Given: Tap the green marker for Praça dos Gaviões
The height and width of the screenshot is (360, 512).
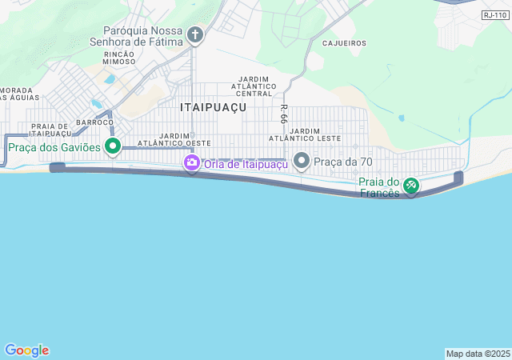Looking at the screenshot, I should (113, 146).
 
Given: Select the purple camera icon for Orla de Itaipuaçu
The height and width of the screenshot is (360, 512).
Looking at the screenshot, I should (192, 164).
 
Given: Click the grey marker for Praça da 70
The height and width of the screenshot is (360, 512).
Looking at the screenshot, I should (302, 162).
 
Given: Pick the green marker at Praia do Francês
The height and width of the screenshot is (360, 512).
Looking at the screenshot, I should (410, 186).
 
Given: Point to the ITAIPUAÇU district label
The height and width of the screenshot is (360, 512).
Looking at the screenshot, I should (212, 106).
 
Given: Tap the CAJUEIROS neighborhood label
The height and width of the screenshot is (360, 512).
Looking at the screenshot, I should (344, 43).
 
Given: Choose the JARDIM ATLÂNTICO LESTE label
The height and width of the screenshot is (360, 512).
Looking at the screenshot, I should (316, 134).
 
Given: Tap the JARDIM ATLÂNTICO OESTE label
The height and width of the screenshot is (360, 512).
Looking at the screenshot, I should (174, 139).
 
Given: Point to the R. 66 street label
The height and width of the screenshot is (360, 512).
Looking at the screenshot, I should (284, 113).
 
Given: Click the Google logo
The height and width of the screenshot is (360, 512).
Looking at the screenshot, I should (26, 350).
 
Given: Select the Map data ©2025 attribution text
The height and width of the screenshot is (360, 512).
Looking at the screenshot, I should (478, 354).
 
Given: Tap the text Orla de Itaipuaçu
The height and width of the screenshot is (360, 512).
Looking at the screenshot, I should (244, 164).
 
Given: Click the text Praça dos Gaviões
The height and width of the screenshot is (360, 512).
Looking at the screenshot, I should (54, 147).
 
